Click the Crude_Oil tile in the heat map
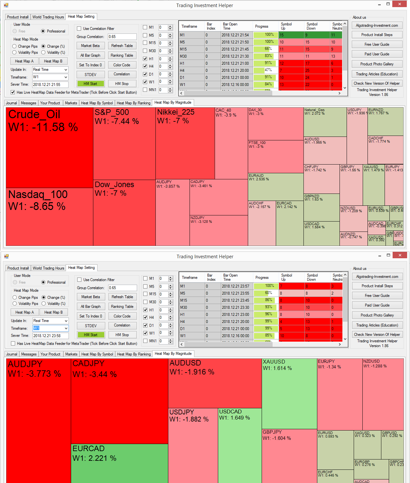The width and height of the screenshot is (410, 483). (x=50, y=148)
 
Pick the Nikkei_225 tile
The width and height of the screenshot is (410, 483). (x=185, y=143)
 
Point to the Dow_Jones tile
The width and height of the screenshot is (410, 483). (x=124, y=213)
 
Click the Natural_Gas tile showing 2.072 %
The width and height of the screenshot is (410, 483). (x=325, y=122)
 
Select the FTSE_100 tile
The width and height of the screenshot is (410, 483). (x=275, y=156)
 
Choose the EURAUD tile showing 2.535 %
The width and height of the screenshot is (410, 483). (x=275, y=187)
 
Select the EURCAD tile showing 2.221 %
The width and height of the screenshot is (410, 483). (x=119, y=464)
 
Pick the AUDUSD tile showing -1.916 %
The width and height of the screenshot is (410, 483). (x=215, y=383)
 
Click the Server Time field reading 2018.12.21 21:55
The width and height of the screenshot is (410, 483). (x=50, y=85)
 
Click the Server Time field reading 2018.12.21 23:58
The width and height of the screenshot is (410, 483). (x=51, y=336)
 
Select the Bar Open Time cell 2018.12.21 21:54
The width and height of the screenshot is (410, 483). (x=235, y=35)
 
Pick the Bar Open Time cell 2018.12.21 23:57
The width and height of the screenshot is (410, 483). (x=236, y=286)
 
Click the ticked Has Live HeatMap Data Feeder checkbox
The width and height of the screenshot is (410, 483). (x=13, y=92)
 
